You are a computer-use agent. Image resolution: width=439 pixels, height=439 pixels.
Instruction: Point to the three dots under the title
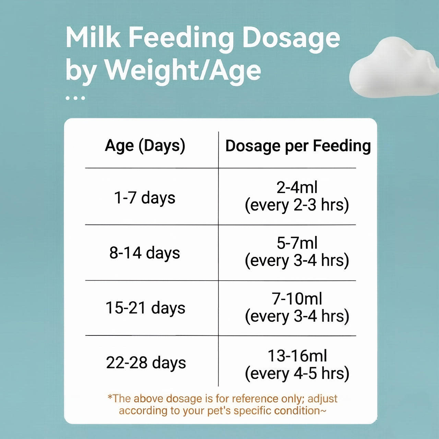click(75, 98)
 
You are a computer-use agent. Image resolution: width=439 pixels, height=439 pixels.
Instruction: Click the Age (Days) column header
click(145, 146)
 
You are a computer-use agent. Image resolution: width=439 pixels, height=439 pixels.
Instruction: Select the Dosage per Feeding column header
click(298, 146)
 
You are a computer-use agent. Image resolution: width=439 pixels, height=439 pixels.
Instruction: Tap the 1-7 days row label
click(144, 198)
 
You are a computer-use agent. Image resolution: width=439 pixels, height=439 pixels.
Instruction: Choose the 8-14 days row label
click(144, 253)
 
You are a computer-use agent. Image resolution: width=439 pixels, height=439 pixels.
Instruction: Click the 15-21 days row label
click(145, 308)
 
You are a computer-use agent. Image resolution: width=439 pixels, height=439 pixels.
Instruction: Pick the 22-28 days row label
click(146, 363)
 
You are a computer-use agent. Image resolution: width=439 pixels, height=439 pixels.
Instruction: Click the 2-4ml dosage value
click(297, 187)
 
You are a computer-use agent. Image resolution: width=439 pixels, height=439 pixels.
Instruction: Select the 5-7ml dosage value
click(297, 243)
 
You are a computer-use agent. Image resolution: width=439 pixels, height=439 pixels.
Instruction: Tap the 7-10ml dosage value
click(297, 299)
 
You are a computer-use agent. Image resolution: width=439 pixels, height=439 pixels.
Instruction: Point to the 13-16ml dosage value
click(297, 356)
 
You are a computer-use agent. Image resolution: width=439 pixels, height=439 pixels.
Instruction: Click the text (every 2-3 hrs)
click(297, 205)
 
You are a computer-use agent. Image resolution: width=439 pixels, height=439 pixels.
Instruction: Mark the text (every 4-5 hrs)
click(297, 373)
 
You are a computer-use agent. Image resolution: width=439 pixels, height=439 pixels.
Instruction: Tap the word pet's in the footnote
click(219, 411)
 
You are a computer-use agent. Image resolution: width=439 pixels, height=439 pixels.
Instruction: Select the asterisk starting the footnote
click(110, 397)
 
